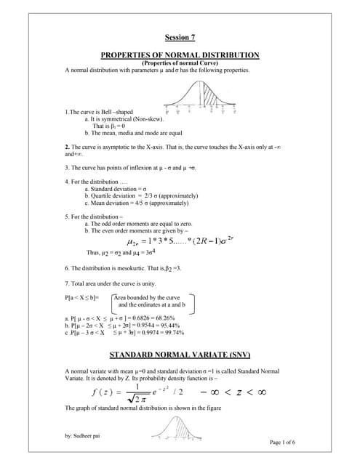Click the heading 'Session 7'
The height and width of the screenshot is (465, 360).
[180, 37]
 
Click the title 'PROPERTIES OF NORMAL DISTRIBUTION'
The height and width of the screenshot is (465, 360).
[180, 55]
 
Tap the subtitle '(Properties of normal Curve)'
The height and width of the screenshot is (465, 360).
[180, 63]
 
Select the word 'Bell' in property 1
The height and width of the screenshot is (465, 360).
[112, 112]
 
